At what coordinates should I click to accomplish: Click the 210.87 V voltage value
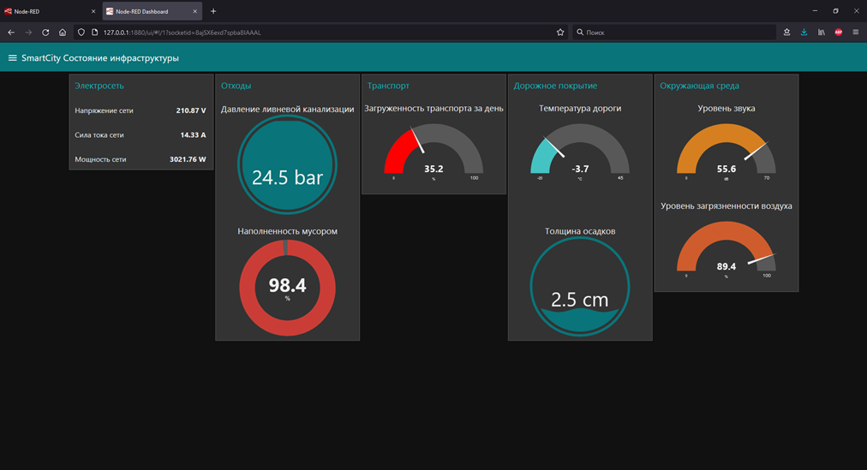pos(191,110)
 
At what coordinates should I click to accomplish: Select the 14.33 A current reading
pos(193,135)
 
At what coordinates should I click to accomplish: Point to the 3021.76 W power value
pos(188,159)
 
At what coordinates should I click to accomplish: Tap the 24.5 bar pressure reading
pos(287,177)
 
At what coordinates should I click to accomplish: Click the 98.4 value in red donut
pos(287,285)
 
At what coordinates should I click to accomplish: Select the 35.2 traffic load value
pos(433,169)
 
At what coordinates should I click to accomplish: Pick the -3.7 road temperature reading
pos(580,169)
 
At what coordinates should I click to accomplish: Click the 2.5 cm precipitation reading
pos(579,300)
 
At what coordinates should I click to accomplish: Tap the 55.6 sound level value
pos(726,169)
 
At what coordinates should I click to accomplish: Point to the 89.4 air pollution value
pos(726,266)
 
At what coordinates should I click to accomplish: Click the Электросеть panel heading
pos(99,86)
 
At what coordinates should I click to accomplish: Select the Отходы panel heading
pos(236,86)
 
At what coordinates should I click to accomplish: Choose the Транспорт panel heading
pos(388,86)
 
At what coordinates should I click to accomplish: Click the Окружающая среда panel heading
pos(699,86)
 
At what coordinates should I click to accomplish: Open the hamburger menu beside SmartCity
pos(12,58)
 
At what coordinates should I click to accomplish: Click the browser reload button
pos(45,33)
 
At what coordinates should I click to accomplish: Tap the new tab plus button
pos(213,11)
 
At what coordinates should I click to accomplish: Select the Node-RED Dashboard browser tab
pos(144,11)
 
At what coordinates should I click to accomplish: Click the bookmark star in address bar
pos(560,33)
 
